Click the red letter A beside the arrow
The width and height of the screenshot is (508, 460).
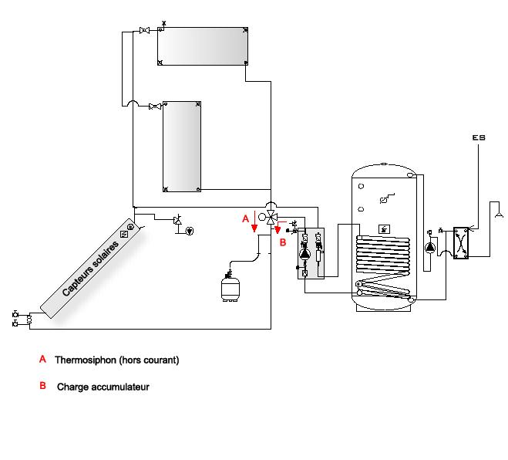(246, 218)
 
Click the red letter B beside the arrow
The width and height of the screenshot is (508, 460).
(283, 242)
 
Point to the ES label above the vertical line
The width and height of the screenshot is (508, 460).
(479, 137)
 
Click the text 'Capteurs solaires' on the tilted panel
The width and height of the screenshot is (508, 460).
(90, 269)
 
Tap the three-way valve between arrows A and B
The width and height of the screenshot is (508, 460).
(271, 218)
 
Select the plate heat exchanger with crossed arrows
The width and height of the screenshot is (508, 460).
(461, 243)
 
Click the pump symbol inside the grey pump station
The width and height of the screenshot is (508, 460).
(304, 254)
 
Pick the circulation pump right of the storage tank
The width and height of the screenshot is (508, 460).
(430, 248)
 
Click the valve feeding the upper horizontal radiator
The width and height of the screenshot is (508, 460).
(144, 31)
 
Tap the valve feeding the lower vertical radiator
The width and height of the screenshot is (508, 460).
(155, 107)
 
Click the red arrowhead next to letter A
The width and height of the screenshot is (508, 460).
(254, 228)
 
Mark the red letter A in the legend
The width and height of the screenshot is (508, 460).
(42, 359)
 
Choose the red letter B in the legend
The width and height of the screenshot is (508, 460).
(42, 386)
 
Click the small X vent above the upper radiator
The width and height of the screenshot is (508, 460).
(164, 23)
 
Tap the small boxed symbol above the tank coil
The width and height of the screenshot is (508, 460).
(384, 229)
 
